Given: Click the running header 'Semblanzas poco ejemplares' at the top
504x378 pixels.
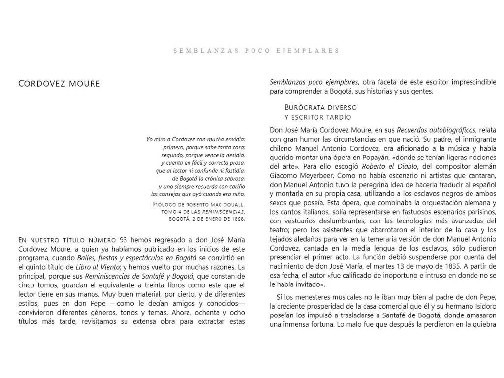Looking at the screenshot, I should [256, 50].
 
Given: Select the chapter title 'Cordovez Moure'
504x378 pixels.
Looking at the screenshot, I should [59, 84].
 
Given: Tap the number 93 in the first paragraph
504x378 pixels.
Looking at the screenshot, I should [123, 240].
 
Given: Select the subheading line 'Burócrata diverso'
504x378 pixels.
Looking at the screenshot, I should [321, 107].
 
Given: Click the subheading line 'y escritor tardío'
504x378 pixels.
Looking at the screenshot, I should [318, 117].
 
